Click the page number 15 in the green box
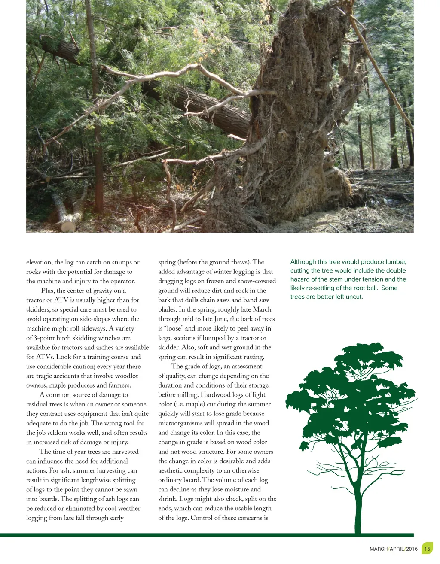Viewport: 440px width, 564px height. (x=427, y=549)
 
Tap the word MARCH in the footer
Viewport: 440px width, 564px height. (x=379, y=549)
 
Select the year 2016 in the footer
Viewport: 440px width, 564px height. (x=411, y=549)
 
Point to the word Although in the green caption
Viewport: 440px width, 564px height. (x=302, y=262)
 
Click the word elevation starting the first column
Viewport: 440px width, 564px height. (x=39, y=262)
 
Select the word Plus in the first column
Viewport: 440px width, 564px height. (x=48, y=291)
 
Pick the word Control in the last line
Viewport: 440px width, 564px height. (x=203, y=518)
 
